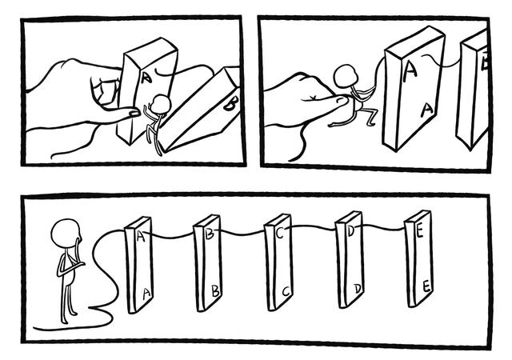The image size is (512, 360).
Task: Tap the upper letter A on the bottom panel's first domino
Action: click(x=141, y=236)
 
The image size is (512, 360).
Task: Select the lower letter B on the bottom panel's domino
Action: click(x=215, y=290)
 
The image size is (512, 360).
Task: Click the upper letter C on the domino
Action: click(x=280, y=232)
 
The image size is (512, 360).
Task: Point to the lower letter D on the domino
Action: click(x=358, y=289)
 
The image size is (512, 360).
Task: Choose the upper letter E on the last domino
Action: click(x=420, y=231)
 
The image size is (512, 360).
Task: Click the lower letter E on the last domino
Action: click(x=426, y=286)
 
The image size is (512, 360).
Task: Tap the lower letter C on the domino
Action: click(x=286, y=291)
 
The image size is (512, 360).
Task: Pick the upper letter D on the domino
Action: click(x=350, y=231)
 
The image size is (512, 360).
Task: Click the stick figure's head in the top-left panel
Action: click(x=162, y=104)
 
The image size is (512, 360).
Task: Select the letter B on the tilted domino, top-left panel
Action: click(x=230, y=105)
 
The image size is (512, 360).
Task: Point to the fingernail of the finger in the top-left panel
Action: click(x=134, y=114)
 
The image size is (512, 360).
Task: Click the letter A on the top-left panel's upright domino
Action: click(x=146, y=78)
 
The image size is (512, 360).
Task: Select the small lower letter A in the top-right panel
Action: click(x=426, y=110)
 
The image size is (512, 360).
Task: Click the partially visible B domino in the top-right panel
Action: click(x=473, y=88)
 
